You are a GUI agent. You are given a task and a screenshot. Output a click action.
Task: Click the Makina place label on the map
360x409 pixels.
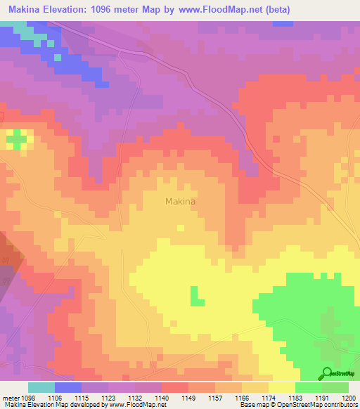pos(180,201)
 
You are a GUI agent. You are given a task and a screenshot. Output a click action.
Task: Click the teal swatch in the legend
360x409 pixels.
pos(41,387)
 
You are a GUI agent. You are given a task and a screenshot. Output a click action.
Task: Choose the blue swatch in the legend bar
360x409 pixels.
pos(68,387)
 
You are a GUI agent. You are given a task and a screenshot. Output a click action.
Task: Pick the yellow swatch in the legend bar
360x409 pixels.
pos(282,387)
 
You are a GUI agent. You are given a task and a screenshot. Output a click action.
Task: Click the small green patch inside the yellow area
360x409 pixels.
pos(197,296)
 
